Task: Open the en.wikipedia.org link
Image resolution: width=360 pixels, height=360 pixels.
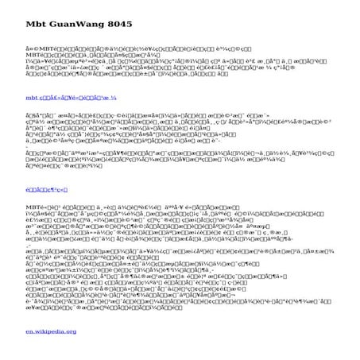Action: [51, 331]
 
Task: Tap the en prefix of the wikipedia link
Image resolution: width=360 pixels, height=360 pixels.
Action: [29, 331]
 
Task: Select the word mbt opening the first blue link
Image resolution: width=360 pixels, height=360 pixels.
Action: [32, 97]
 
